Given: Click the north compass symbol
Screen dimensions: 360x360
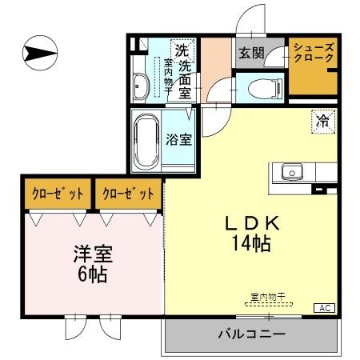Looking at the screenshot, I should point(38,54).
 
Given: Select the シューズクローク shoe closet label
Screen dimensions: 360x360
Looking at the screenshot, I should point(313,54).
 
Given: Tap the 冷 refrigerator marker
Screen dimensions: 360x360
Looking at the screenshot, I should point(322,122).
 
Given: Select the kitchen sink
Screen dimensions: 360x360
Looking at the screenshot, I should point(290,171).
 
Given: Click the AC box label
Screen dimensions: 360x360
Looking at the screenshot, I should point(326,307).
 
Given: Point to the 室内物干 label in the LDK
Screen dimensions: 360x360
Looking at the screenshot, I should point(267,298).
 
